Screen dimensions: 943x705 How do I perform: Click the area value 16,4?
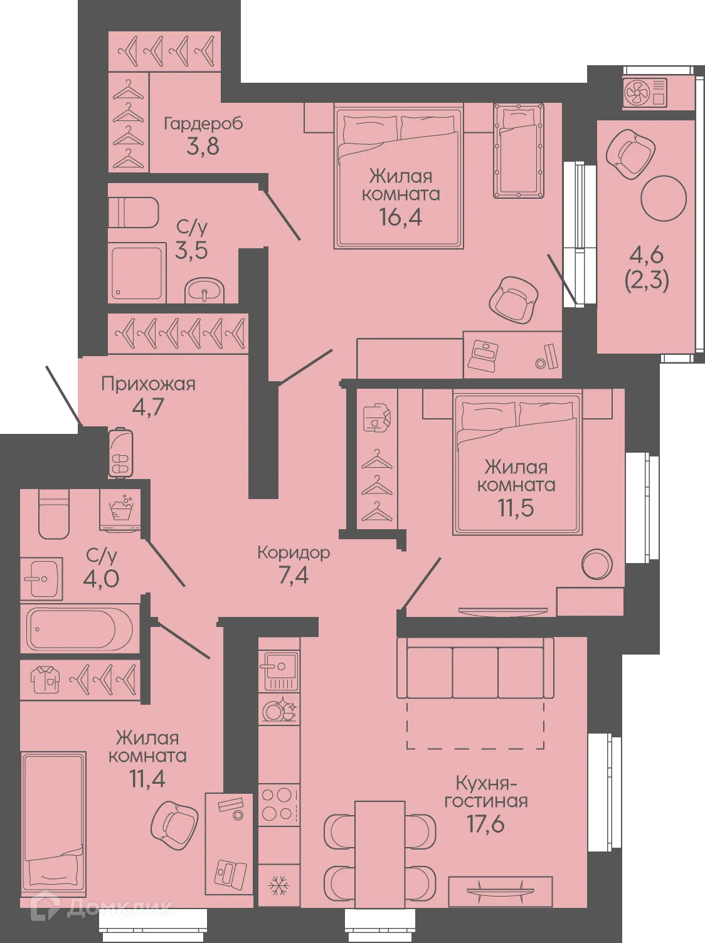tap(400, 217)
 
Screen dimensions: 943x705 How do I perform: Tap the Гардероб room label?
tap(203, 124)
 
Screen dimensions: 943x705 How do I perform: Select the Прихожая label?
tap(148, 384)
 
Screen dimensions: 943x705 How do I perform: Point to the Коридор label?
tap(294, 552)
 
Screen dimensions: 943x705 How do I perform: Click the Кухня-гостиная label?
tap(486, 792)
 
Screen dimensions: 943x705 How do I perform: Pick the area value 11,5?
tap(516, 508)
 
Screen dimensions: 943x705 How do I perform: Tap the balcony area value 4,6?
tap(647, 256)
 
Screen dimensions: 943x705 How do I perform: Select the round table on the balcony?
tap(664, 198)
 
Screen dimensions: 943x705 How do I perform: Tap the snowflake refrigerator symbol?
tap(278, 885)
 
